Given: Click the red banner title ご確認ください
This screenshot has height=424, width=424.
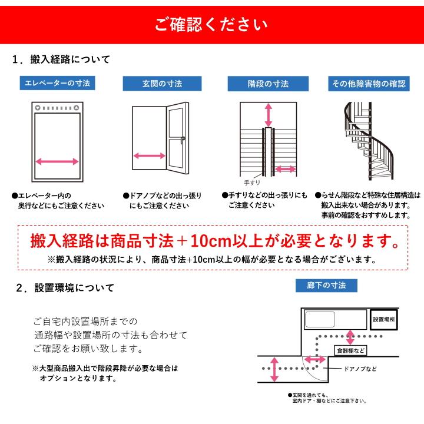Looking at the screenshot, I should click(x=211, y=25).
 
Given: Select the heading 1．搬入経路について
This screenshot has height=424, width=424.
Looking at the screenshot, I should click(x=62, y=60).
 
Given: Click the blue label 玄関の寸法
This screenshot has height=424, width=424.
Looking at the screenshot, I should click(x=158, y=84).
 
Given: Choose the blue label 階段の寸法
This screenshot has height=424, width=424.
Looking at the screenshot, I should click(x=268, y=84).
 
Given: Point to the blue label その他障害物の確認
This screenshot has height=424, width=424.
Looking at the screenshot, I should click(x=368, y=84).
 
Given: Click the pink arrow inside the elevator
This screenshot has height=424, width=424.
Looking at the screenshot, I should click(x=57, y=161).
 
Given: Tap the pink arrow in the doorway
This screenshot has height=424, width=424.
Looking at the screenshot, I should click(x=149, y=156).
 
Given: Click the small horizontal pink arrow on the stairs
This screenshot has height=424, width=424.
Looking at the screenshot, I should click(x=286, y=169).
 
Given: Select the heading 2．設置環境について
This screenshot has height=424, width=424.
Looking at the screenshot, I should click(x=65, y=288).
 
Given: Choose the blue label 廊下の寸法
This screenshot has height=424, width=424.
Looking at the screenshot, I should click(x=326, y=286).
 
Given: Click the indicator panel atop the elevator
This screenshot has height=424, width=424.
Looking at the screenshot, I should click(x=57, y=108).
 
